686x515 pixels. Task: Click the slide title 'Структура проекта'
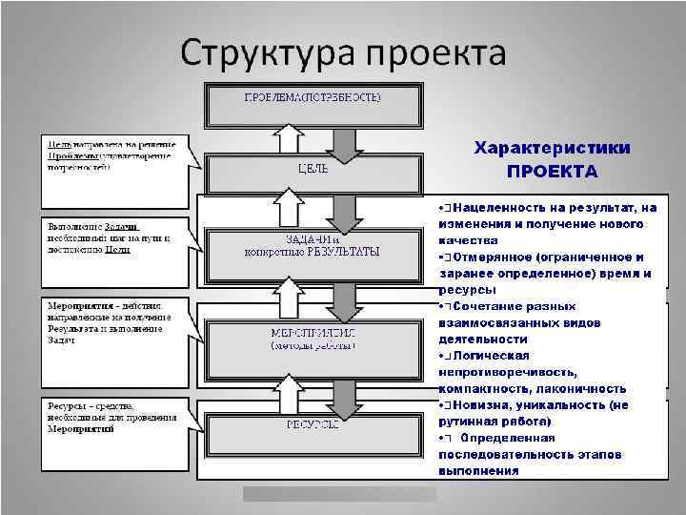point(342,51)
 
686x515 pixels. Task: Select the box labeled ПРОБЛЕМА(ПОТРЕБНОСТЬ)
point(313,100)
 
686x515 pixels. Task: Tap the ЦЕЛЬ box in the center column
point(313,171)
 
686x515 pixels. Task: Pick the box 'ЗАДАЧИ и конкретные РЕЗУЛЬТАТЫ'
point(313,245)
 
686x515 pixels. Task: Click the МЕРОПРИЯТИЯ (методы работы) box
point(313,340)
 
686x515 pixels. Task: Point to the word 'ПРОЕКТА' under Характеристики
point(552,172)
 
